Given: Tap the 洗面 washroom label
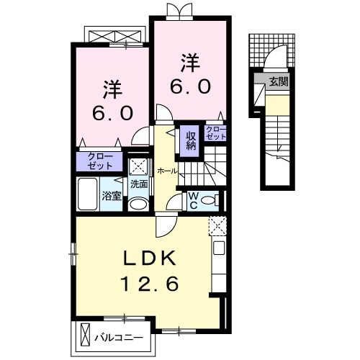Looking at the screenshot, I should click(139, 184).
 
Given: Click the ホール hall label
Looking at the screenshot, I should click(167, 171).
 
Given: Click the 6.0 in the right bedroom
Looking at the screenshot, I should click(191, 86).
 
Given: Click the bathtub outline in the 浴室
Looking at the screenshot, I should click(86, 195).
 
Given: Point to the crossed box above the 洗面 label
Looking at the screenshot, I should click(138, 165).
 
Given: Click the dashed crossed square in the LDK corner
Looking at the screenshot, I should click(217, 225).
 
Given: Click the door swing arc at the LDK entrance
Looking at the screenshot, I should click(166, 225).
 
